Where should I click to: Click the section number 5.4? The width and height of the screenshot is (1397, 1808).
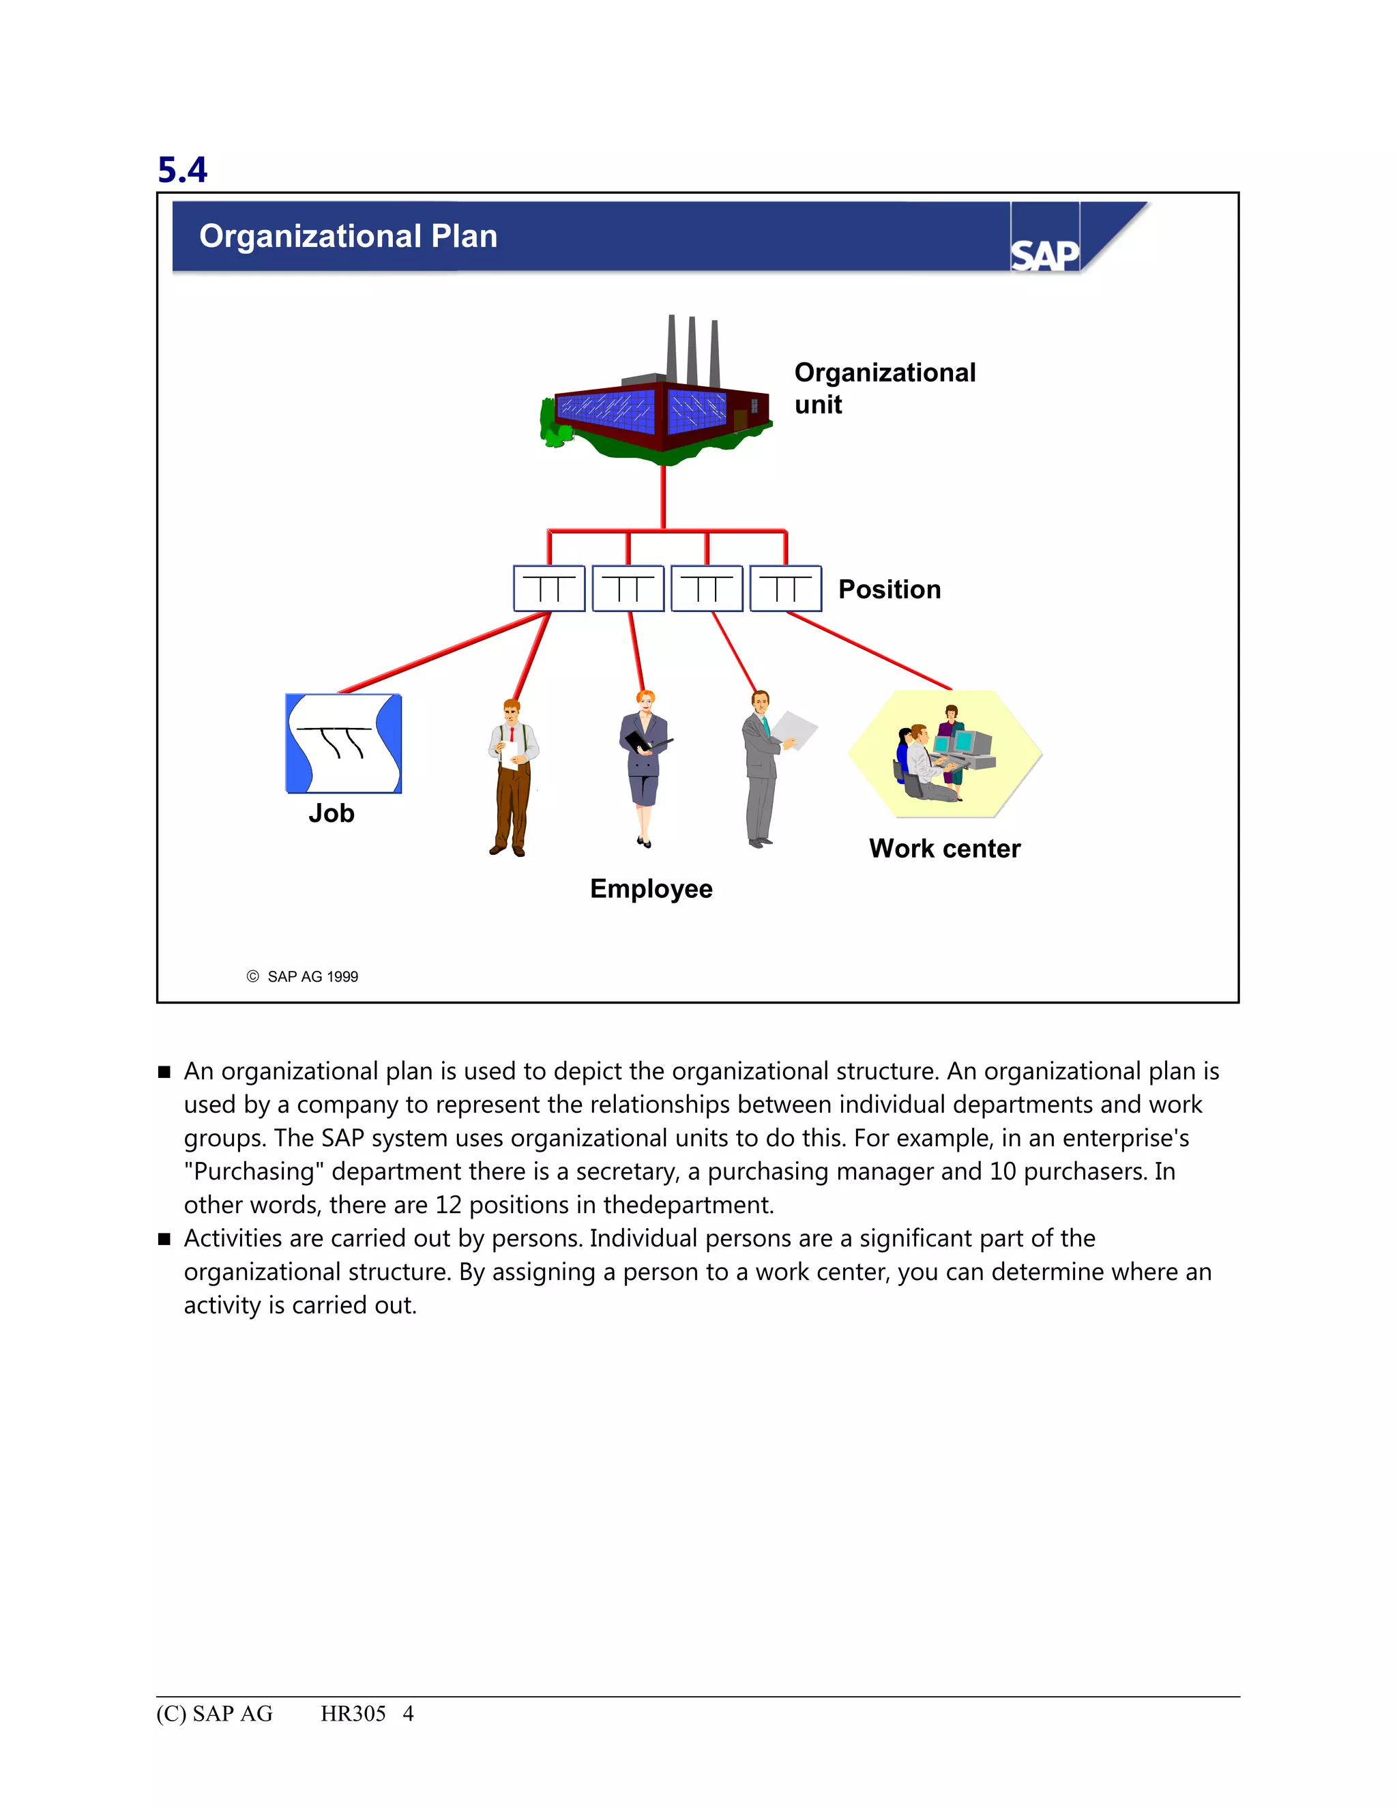(x=182, y=170)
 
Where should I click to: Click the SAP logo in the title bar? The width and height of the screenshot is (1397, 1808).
(x=1044, y=254)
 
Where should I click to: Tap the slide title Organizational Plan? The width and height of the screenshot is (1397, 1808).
(x=348, y=236)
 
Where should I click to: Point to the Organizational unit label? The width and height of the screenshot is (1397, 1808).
(x=884, y=388)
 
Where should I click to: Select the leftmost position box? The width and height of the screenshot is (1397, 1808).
(x=548, y=589)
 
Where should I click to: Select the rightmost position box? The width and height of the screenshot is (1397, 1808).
(x=785, y=589)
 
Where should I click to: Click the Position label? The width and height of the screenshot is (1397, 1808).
(x=889, y=589)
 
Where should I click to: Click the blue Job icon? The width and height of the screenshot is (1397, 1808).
(x=344, y=744)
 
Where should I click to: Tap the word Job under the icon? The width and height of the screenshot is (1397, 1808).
(x=331, y=813)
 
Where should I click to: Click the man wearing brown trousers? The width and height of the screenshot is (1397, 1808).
(x=512, y=778)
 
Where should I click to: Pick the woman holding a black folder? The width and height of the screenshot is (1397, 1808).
(x=645, y=766)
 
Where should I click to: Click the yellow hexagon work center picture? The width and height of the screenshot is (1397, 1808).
(x=944, y=754)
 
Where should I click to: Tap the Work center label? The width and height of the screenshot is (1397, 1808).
(x=944, y=849)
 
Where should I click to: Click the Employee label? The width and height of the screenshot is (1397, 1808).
(x=651, y=888)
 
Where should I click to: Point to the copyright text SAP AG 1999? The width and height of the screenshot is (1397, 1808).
(x=312, y=977)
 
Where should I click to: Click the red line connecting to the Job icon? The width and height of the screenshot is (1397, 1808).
(x=443, y=653)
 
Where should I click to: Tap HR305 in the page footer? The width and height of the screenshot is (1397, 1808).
(x=353, y=1715)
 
